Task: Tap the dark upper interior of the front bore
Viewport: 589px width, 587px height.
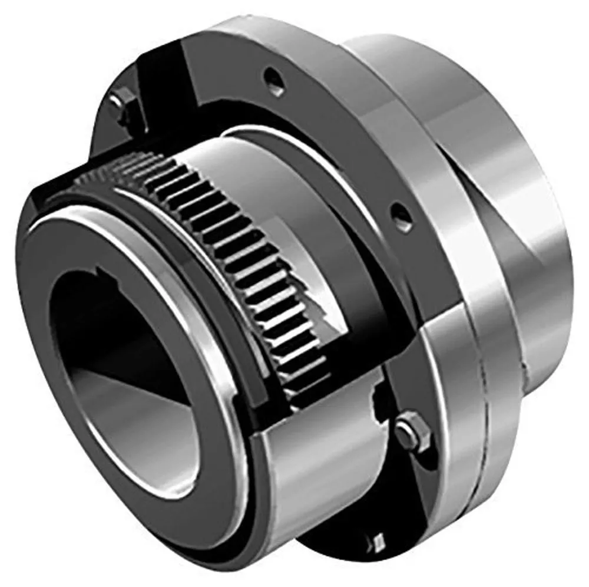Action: click(x=88, y=318)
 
